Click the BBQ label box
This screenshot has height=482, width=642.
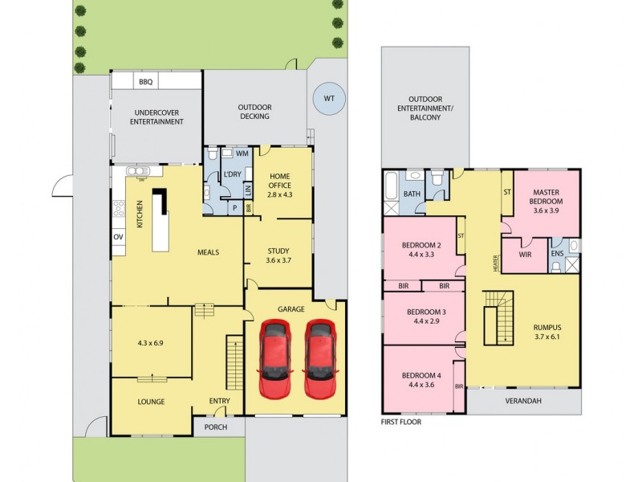(x=145, y=82)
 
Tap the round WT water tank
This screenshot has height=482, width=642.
(x=328, y=99)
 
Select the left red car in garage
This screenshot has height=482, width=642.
(x=274, y=359)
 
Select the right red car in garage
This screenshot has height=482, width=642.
(x=319, y=359)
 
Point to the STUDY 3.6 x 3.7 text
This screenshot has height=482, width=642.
(x=278, y=255)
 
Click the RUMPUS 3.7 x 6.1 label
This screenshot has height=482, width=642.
(x=547, y=333)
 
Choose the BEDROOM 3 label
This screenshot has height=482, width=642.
(x=426, y=317)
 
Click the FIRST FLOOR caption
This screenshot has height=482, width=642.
(x=401, y=421)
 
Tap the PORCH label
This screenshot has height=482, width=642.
(x=217, y=427)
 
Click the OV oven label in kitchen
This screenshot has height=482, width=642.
(x=117, y=237)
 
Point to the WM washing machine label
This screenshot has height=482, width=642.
(x=242, y=153)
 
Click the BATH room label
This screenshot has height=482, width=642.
(x=412, y=194)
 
